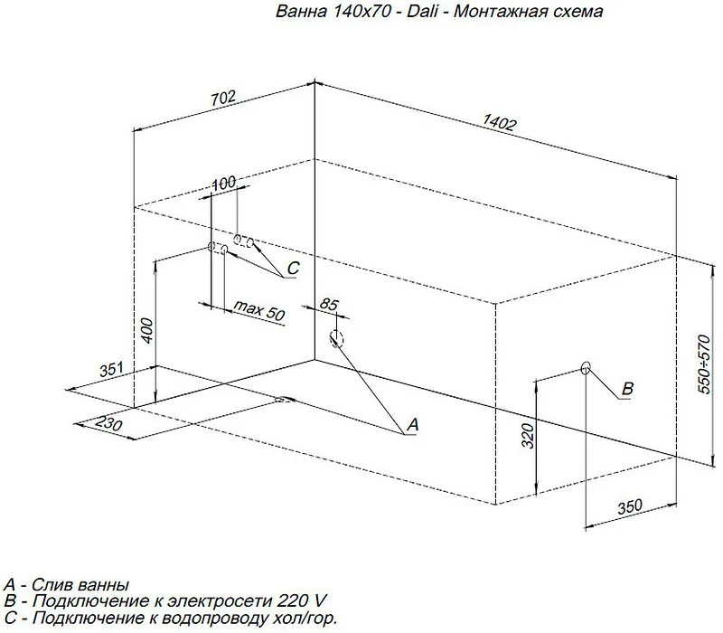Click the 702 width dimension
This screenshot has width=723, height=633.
pyautogui.click(x=223, y=98)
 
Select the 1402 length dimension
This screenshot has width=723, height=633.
pyautogui.click(x=500, y=122)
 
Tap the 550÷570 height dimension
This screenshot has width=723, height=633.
pyautogui.click(x=704, y=364)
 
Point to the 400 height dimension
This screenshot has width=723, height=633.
pyautogui.click(x=146, y=330)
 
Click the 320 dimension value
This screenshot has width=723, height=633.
pyautogui.click(x=528, y=436)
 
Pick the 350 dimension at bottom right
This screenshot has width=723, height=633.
pyautogui.click(x=630, y=506)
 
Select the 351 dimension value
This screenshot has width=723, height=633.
pyautogui.click(x=112, y=369)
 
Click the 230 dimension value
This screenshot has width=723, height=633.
pyautogui.click(x=108, y=422)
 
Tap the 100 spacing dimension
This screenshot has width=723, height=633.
pyautogui.click(x=223, y=184)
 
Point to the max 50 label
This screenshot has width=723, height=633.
pyautogui.click(x=259, y=310)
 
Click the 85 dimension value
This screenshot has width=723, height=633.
pyautogui.click(x=329, y=305)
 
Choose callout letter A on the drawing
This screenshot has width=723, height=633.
pyautogui.click(x=413, y=424)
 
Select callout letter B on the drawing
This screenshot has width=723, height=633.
pyautogui.click(x=627, y=389)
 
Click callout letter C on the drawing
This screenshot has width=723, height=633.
pyautogui.click(x=293, y=268)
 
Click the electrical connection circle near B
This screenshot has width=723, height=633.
pyautogui.click(x=586, y=368)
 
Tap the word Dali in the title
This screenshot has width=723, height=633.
pyautogui.click(x=422, y=11)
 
